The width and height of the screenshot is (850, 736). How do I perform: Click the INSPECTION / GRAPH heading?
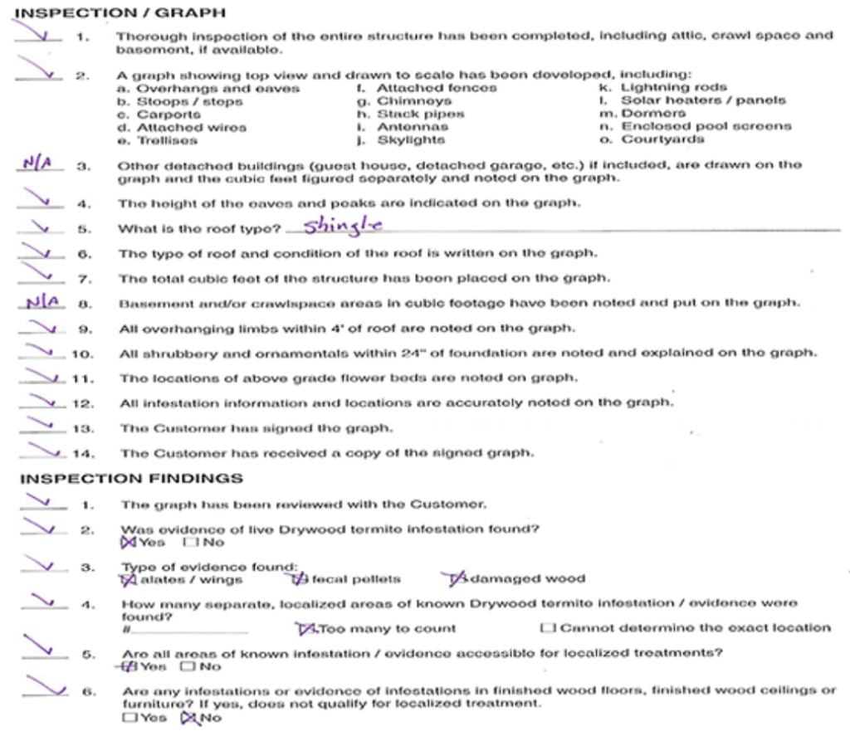coord(121,13)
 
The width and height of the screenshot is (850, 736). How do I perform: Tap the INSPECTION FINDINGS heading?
coord(131,479)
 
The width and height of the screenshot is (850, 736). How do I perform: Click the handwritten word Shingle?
coord(342,227)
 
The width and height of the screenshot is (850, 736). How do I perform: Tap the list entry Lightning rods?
coord(673,87)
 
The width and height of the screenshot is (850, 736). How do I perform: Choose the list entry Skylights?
coord(411,140)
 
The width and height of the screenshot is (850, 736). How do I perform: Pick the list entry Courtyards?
coord(662,139)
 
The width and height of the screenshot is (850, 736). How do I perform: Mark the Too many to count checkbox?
coord(304,628)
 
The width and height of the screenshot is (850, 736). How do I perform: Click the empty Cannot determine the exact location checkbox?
coord(547,628)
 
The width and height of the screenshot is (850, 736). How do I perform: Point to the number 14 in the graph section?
coord(84,453)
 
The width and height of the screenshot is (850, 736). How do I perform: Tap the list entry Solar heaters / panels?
coord(703,100)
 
